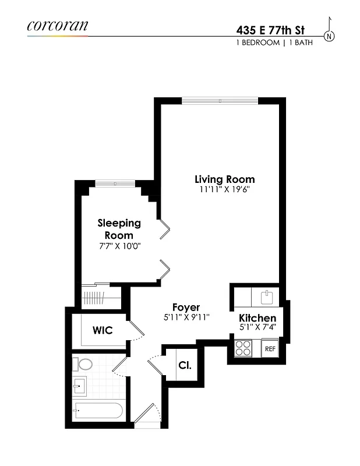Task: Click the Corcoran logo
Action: tap(57, 25)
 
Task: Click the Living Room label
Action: tap(224, 179)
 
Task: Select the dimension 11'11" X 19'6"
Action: tap(224, 189)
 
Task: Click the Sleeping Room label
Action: tap(119, 229)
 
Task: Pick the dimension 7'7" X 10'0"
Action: tap(119, 246)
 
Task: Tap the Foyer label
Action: tap(186, 307)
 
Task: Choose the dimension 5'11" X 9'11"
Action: tap(186, 317)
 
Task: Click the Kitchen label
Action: tap(257, 318)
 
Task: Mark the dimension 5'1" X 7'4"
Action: tap(257, 328)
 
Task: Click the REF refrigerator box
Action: tap(270, 348)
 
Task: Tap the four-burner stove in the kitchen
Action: tap(242, 348)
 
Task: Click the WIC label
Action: tap(103, 330)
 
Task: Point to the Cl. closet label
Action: tap(185, 366)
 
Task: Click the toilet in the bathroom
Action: tap(83, 365)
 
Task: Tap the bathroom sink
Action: tap(80, 386)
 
